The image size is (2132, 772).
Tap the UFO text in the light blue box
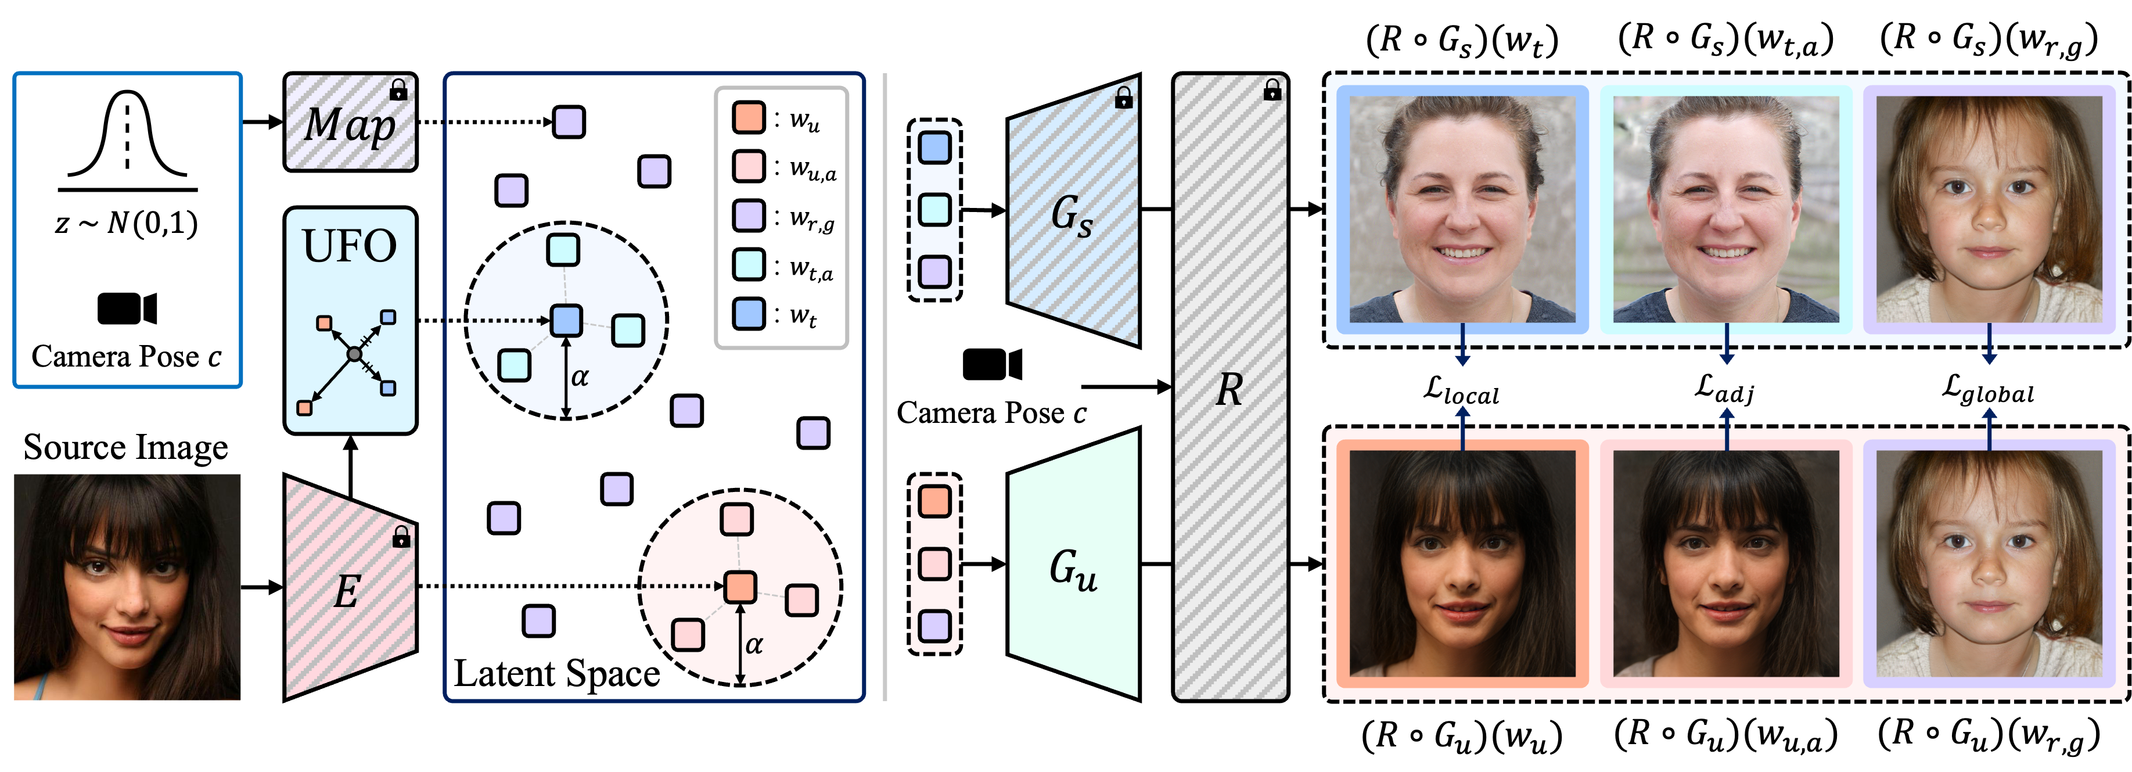pos(349,246)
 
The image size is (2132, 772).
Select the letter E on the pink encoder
pos(347,591)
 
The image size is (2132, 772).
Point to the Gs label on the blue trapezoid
pos(1072,214)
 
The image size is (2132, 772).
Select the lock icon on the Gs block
pos(1123,98)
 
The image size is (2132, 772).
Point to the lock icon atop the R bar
pos(1272,89)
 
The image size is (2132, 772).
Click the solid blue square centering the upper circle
pos(566,320)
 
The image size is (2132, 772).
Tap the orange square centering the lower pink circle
pos(740,587)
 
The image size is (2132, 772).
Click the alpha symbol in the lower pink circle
pos(753,645)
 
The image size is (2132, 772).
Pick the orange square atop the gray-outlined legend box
pos(748,117)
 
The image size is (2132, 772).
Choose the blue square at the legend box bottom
pos(748,314)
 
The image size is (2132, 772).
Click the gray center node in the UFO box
pos(354,354)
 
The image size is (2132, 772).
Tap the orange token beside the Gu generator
pos(934,501)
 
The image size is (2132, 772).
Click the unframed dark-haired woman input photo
pos(127,587)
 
